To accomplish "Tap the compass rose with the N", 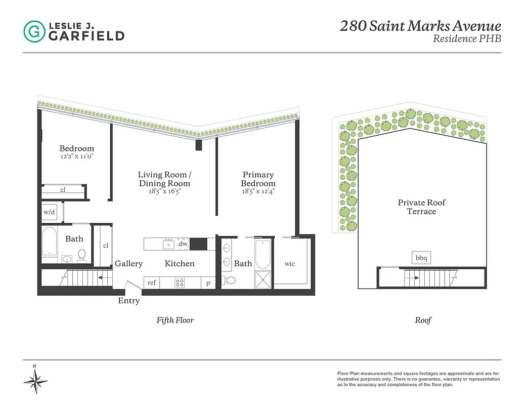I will pos(35,379).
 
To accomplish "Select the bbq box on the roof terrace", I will pos(421,258).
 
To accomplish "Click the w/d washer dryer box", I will pos(49,213).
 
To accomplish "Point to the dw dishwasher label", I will pos(183,244).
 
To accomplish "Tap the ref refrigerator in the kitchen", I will pos(152,283).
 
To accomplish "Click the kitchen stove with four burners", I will pos(180,283).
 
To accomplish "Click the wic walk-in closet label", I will pos(290,264).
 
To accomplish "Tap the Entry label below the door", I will pos(128,301).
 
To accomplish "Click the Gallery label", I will pos(128,264).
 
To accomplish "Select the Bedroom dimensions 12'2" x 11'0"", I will pos(76,156).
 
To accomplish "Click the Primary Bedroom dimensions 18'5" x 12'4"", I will pos(258,192).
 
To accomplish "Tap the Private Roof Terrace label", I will pos(421,207).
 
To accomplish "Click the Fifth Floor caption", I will pos(175,320).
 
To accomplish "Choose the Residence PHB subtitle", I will pos(467,39).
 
